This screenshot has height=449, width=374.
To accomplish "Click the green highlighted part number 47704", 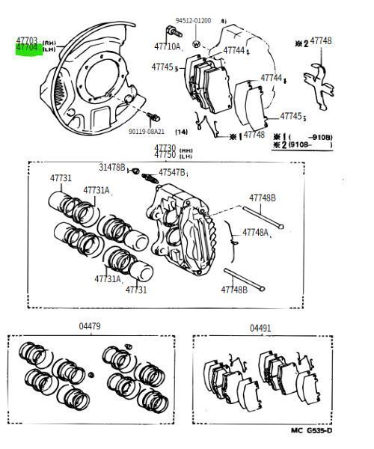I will tap(27, 47).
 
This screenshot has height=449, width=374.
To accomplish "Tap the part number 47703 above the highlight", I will tap(27, 40).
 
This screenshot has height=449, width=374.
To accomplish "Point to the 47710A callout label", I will tap(168, 46).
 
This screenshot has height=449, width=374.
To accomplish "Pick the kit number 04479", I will tap(90, 326).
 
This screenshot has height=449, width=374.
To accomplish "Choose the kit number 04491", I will tap(260, 327).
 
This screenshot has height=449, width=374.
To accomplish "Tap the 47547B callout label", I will tap(173, 173).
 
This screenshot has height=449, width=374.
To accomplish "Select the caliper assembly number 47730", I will tap(165, 148).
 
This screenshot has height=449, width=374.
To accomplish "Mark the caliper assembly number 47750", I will tap(165, 155).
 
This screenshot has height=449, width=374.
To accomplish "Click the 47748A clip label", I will tap(255, 233).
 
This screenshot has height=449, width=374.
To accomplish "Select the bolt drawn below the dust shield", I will tap(155, 117).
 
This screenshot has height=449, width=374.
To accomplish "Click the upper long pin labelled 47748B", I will tap(265, 216).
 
